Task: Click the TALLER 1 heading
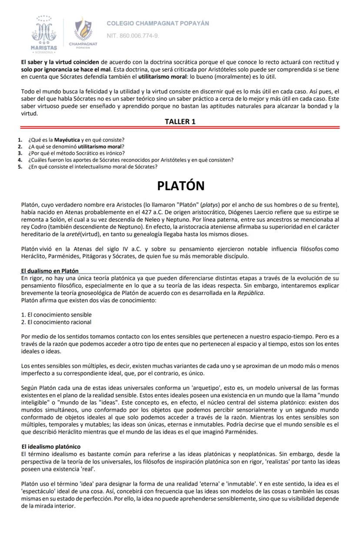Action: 180,122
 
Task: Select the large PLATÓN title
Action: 180,186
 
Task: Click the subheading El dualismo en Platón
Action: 50,271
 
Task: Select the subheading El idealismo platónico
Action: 51,446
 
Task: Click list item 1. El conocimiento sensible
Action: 57,314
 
